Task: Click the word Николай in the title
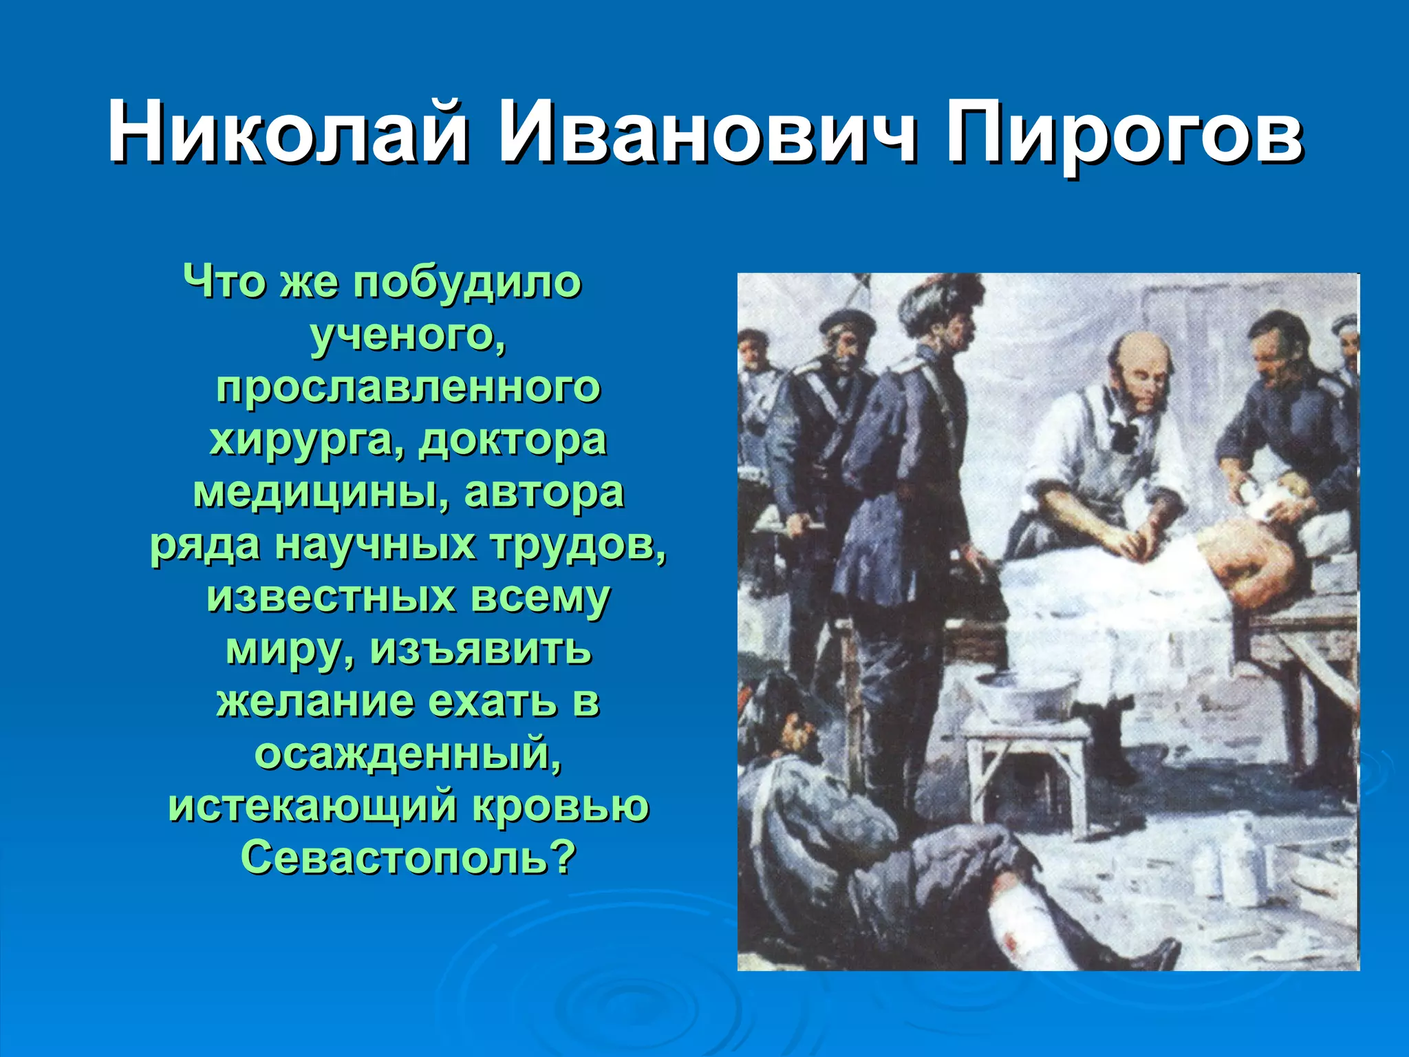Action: pyautogui.click(x=288, y=131)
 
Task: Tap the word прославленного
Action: pyautogui.click(x=408, y=387)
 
